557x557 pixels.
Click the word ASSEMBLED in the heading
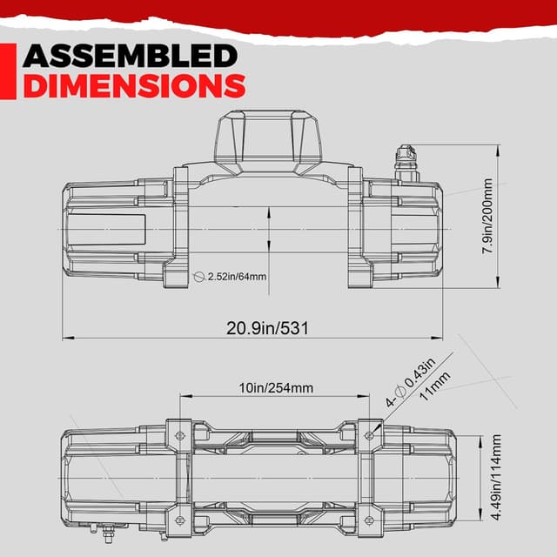[131, 57]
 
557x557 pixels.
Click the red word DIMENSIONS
[134, 86]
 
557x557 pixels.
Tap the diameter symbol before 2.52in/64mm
[199, 276]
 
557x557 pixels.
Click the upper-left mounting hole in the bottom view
[181, 433]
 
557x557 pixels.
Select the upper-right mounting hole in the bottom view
[369, 433]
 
